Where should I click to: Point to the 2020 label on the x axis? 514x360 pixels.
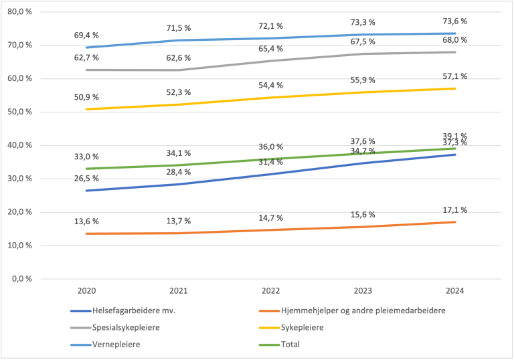[x=88, y=291]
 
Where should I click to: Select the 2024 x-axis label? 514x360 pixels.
[x=455, y=291]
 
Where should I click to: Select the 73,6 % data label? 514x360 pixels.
[x=455, y=21]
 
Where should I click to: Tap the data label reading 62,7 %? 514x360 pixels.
[x=88, y=58]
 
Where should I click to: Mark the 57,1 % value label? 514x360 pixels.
[x=455, y=76]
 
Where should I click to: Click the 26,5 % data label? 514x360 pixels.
[x=88, y=178]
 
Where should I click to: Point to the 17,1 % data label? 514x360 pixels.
[x=455, y=210]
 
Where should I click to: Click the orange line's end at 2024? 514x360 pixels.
[x=455, y=222]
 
